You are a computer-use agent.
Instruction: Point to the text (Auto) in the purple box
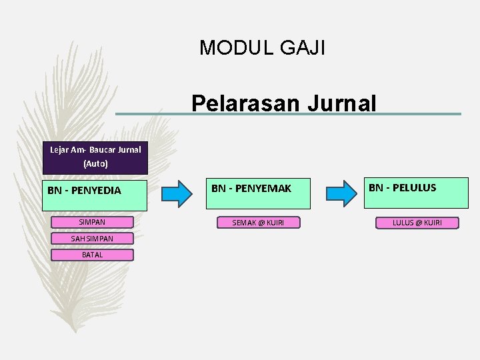95,163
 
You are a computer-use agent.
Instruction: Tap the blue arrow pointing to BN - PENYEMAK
177,193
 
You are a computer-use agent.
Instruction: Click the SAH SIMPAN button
92,238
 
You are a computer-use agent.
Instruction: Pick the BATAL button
92,255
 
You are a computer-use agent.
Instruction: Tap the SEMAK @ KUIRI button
257,223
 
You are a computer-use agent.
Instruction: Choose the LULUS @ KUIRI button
417,223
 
